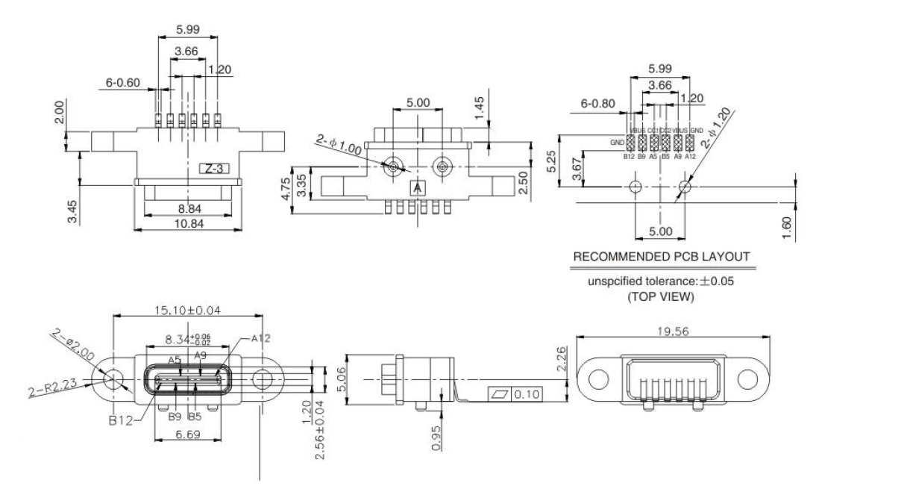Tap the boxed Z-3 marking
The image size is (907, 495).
pyautogui.click(x=213, y=169)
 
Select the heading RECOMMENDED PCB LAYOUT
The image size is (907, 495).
pyautogui.click(x=661, y=257)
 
